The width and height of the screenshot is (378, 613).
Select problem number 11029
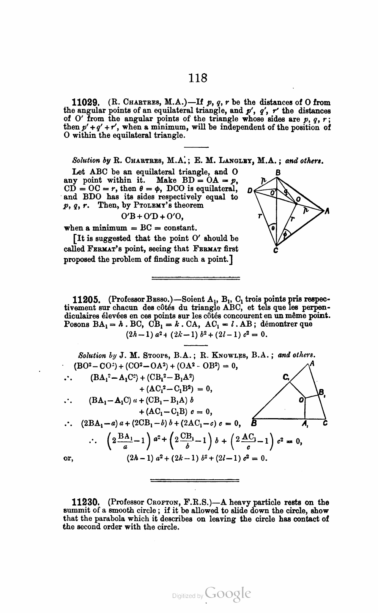tap(85, 102)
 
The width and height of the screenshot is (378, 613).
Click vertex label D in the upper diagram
tap(249, 190)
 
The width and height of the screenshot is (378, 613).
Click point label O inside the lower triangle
tap(301, 400)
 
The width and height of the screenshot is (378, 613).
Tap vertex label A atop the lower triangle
tap(312, 363)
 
